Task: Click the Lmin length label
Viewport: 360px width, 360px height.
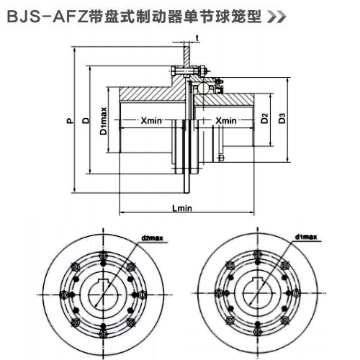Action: (x=182, y=209)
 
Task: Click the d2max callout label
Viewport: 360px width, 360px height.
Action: (x=153, y=237)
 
